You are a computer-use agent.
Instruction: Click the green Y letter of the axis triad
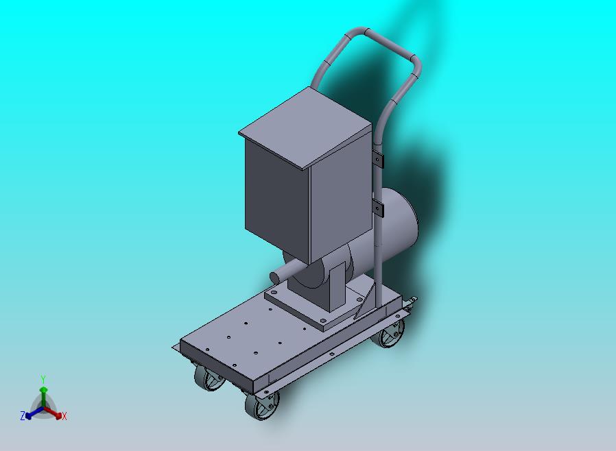(43, 379)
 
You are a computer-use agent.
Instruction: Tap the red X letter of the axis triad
(64, 416)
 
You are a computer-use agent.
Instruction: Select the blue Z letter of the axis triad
(22, 415)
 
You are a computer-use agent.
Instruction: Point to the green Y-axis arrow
(43, 394)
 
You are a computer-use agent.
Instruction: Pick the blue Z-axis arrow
(32, 413)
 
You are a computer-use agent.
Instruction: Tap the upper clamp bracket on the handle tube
(378, 160)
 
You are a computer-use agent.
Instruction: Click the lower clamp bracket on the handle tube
(378, 206)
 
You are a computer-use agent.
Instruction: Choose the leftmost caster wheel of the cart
(209, 378)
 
